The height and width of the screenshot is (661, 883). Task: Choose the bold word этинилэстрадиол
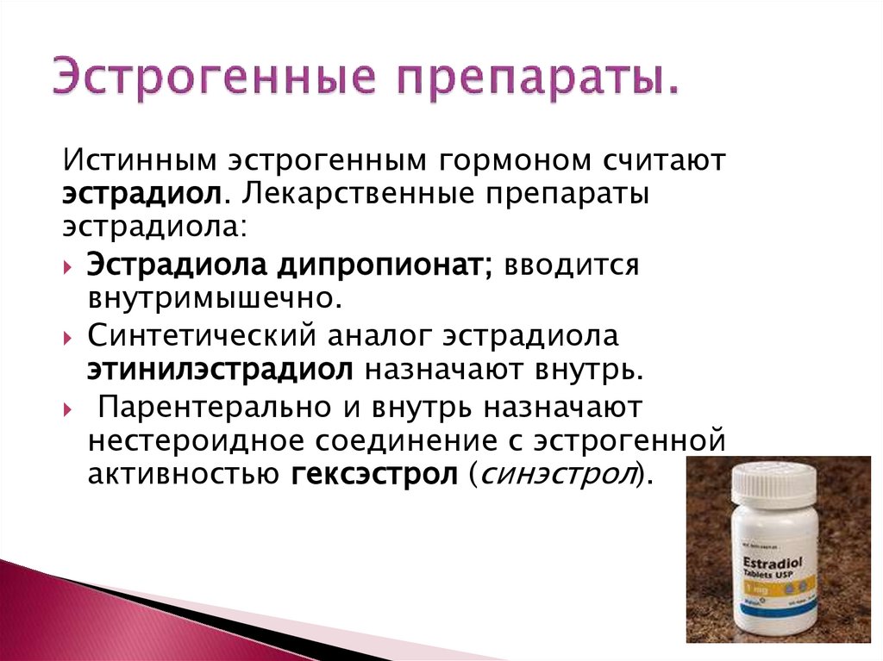(x=219, y=371)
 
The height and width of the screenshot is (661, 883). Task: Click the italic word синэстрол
(x=553, y=475)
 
